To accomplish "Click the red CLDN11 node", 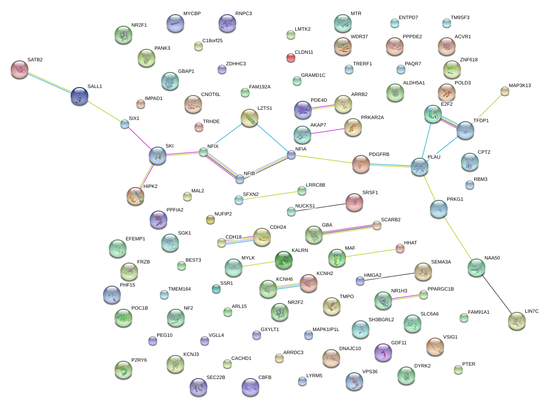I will [290, 57].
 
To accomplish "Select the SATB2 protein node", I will [19, 69].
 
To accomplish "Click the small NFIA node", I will [291, 155].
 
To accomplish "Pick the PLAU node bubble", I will [419, 166].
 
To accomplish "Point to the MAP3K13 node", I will [504, 91].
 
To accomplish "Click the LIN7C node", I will [516, 320].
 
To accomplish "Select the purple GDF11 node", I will [383, 352].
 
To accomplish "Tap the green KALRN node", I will [283, 260].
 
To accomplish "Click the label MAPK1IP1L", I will [326, 329].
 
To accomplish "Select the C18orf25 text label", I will [212, 40].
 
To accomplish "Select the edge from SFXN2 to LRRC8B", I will [270, 196].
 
